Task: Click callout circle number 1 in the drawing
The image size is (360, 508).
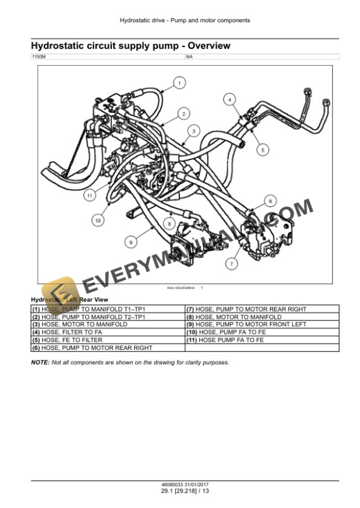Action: coord(179,84)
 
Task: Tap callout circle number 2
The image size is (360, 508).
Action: coord(184,113)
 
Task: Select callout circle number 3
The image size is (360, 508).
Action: coord(193,131)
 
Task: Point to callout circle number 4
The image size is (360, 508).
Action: coord(229,99)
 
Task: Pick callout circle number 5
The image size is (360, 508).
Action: coord(262,149)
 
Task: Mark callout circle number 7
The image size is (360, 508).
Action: coord(231,265)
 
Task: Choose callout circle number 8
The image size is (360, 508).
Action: coord(169,224)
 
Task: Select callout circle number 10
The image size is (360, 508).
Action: coord(98,220)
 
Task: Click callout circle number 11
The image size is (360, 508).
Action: coord(89,195)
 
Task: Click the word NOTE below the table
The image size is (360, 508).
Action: coord(40,362)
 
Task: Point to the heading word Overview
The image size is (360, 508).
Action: coord(205,45)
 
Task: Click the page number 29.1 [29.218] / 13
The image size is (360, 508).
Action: coord(185,491)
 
